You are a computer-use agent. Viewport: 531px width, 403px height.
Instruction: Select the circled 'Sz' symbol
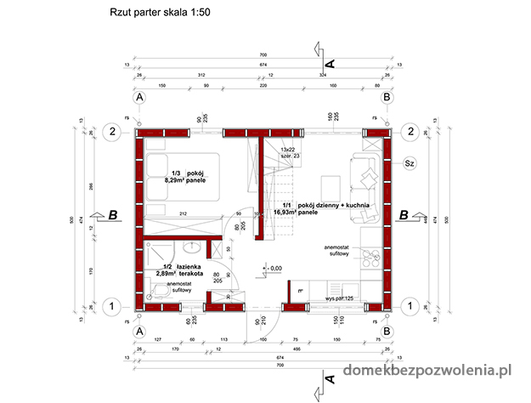click(x=409, y=163)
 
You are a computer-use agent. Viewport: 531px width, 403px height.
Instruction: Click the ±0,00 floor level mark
click(x=274, y=269)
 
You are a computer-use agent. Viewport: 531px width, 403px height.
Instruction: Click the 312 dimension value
click(x=201, y=75)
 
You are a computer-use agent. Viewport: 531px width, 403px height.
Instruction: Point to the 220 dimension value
click(x=263, y=86)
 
